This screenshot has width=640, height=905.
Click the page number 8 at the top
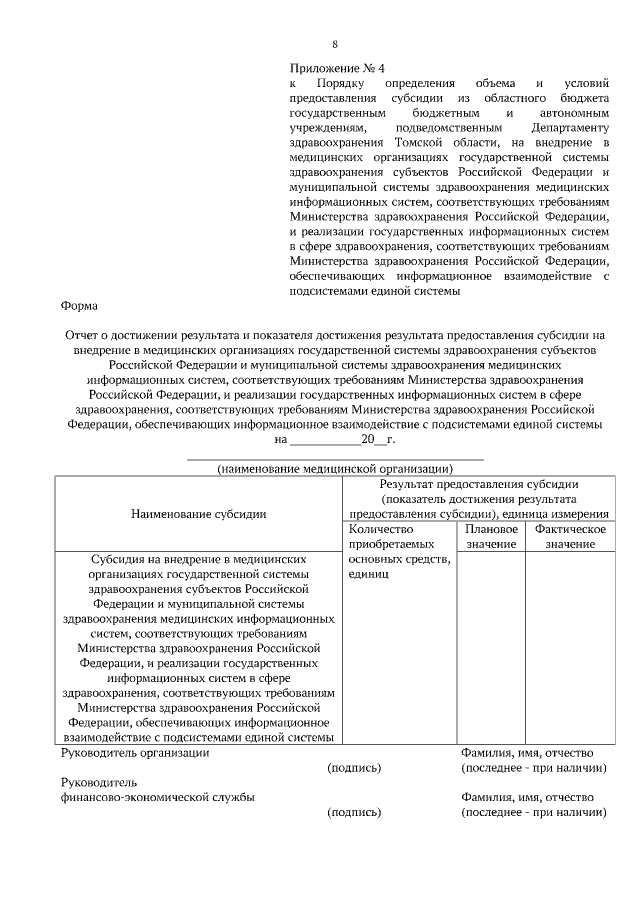[x=335, y=44]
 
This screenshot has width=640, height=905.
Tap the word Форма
[x=80, y=307]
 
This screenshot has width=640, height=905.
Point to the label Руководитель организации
[x=135, y=753]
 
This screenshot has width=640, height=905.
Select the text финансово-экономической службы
[x=157, y=797]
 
